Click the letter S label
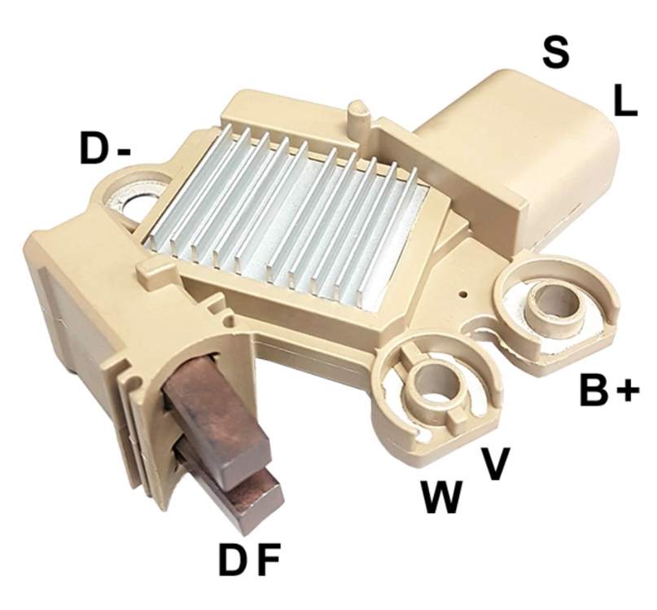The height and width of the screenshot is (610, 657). pos(555,52)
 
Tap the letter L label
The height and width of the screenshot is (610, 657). pos(625,100)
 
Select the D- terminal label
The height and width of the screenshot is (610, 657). pos(105,148)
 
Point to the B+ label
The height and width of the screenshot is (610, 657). pos(610,390)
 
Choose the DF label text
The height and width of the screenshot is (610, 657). pos(248,560)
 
